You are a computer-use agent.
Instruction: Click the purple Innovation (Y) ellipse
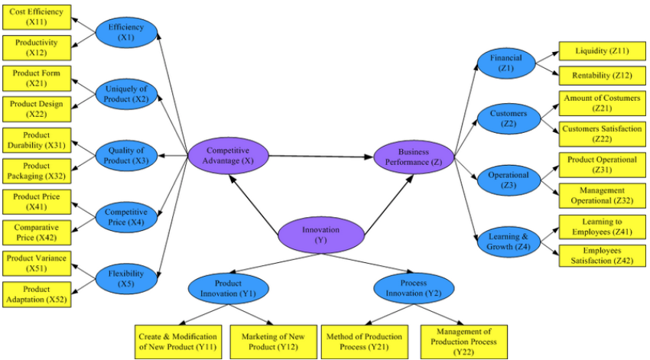click(x=321, y=235)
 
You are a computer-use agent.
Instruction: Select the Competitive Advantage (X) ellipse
click(x=228, y=156)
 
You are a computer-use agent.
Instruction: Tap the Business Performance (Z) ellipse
click(x=414, y=157)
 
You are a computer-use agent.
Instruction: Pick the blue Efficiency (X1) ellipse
click(x=126, y=32)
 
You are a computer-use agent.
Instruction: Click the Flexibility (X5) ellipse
click(x=126, y=279)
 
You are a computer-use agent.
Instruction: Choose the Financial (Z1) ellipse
click(x=506, y=63)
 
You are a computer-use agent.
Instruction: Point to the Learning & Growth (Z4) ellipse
click(x=509, y=242)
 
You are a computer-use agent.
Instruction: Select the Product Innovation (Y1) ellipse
click(x=228, y=289)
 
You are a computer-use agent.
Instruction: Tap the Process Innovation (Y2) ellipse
click(x=414, y=289)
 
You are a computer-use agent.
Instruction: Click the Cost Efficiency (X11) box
click(x=37, y=17)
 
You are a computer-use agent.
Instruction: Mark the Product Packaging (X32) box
click(x=37, y=170)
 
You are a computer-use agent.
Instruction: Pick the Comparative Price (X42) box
click(x=37, y=232)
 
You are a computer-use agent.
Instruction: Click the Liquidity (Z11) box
click(x=602, y=51)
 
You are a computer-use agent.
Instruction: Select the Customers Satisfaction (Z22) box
click(x=602, y=134)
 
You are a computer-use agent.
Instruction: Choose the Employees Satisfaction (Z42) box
click(x=602, y=255)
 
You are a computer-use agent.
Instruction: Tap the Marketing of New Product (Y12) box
click(x=273, y=342)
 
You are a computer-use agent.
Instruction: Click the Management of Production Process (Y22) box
click(x=464, y=342)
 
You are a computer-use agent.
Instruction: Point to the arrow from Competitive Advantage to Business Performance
click(x=321, y=157)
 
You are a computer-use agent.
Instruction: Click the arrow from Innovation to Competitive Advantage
click(x=254, y=205)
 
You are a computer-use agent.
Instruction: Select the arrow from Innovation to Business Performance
click(x=388, y=205)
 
